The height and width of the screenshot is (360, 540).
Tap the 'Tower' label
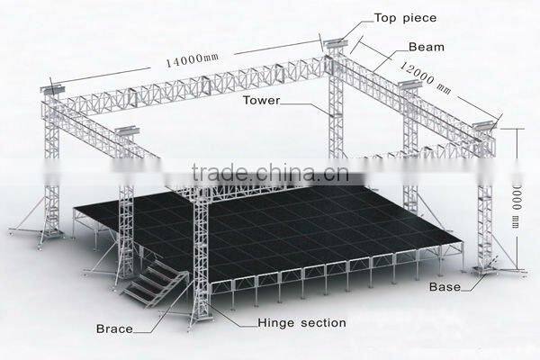click(261, 102)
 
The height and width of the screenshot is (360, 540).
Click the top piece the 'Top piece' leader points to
click(333, 42)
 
